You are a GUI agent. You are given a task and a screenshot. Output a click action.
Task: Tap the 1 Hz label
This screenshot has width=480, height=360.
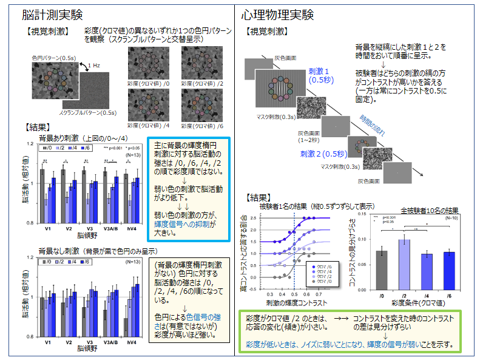(94, 65)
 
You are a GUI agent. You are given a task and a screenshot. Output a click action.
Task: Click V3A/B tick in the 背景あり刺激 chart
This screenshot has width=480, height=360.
(110, 229)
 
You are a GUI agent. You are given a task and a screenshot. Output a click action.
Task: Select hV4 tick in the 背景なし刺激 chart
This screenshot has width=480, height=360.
(132, 342)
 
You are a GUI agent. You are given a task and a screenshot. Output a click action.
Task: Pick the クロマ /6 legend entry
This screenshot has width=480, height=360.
(325, 266)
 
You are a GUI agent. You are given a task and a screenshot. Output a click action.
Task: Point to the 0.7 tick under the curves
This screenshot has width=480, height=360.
(318, 293)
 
